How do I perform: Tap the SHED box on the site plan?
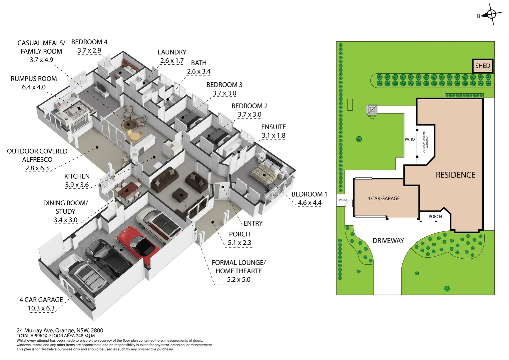[483, 66]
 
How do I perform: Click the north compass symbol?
[491, 15]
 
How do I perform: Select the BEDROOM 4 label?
[89, 42]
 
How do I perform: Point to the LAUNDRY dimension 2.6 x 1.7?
[172, 61]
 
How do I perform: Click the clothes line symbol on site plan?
[372, 110]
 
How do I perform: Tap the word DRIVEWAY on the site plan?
[388, 241]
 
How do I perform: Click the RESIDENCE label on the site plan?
[455, 175]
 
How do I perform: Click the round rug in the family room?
[129, 124]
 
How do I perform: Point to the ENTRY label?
[253, 224]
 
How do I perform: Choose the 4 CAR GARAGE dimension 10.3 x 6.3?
[41, 308]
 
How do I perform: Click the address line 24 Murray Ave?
[60, 330]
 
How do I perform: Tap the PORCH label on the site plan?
[435, 217]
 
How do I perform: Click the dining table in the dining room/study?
[128, 191]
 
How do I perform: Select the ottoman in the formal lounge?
[180, 195]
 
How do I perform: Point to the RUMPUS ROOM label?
[34, 79]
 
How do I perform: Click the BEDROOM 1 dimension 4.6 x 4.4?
[309, 203]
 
